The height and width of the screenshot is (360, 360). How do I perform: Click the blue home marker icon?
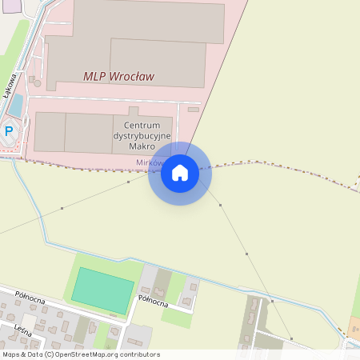179,173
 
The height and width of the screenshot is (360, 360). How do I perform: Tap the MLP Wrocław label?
118,77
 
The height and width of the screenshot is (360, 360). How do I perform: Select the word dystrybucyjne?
142,137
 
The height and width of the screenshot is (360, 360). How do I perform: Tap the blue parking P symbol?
10,130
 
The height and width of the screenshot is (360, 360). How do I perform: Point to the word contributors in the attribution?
139,354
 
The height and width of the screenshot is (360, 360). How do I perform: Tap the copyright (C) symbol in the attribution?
49,354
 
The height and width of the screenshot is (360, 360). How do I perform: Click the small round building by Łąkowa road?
35,81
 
